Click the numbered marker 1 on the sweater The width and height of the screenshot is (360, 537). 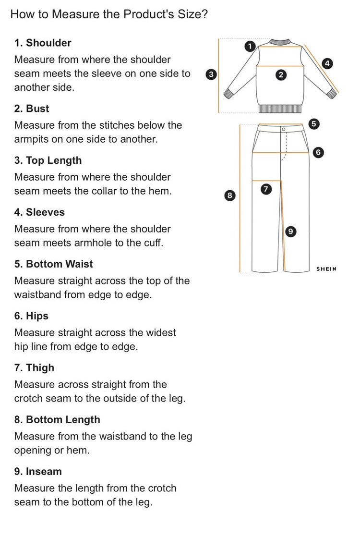(249, 46)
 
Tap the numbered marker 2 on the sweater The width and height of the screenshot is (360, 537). (281, 74)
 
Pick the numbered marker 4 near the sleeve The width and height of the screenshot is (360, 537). (327, 63)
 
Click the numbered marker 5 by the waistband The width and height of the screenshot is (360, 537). (313, 124)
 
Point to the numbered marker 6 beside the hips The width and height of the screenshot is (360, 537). (316, 153)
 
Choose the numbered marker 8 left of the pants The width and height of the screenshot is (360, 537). (229, 195)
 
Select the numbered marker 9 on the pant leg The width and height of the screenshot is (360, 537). (289, 232)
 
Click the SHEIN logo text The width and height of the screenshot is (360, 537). (326, 269)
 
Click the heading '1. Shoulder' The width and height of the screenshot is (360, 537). (43, 43)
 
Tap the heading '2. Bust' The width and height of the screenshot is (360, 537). (32, 109)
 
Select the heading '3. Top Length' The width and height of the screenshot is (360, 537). (48, 160)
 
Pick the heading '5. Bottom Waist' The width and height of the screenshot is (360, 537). (54, 264)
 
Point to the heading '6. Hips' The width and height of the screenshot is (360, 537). (32, 316)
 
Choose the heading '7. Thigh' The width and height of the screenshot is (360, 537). (35, 368)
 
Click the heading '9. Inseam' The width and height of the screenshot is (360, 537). (38, 472)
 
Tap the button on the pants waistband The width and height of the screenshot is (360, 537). (283, 130)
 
